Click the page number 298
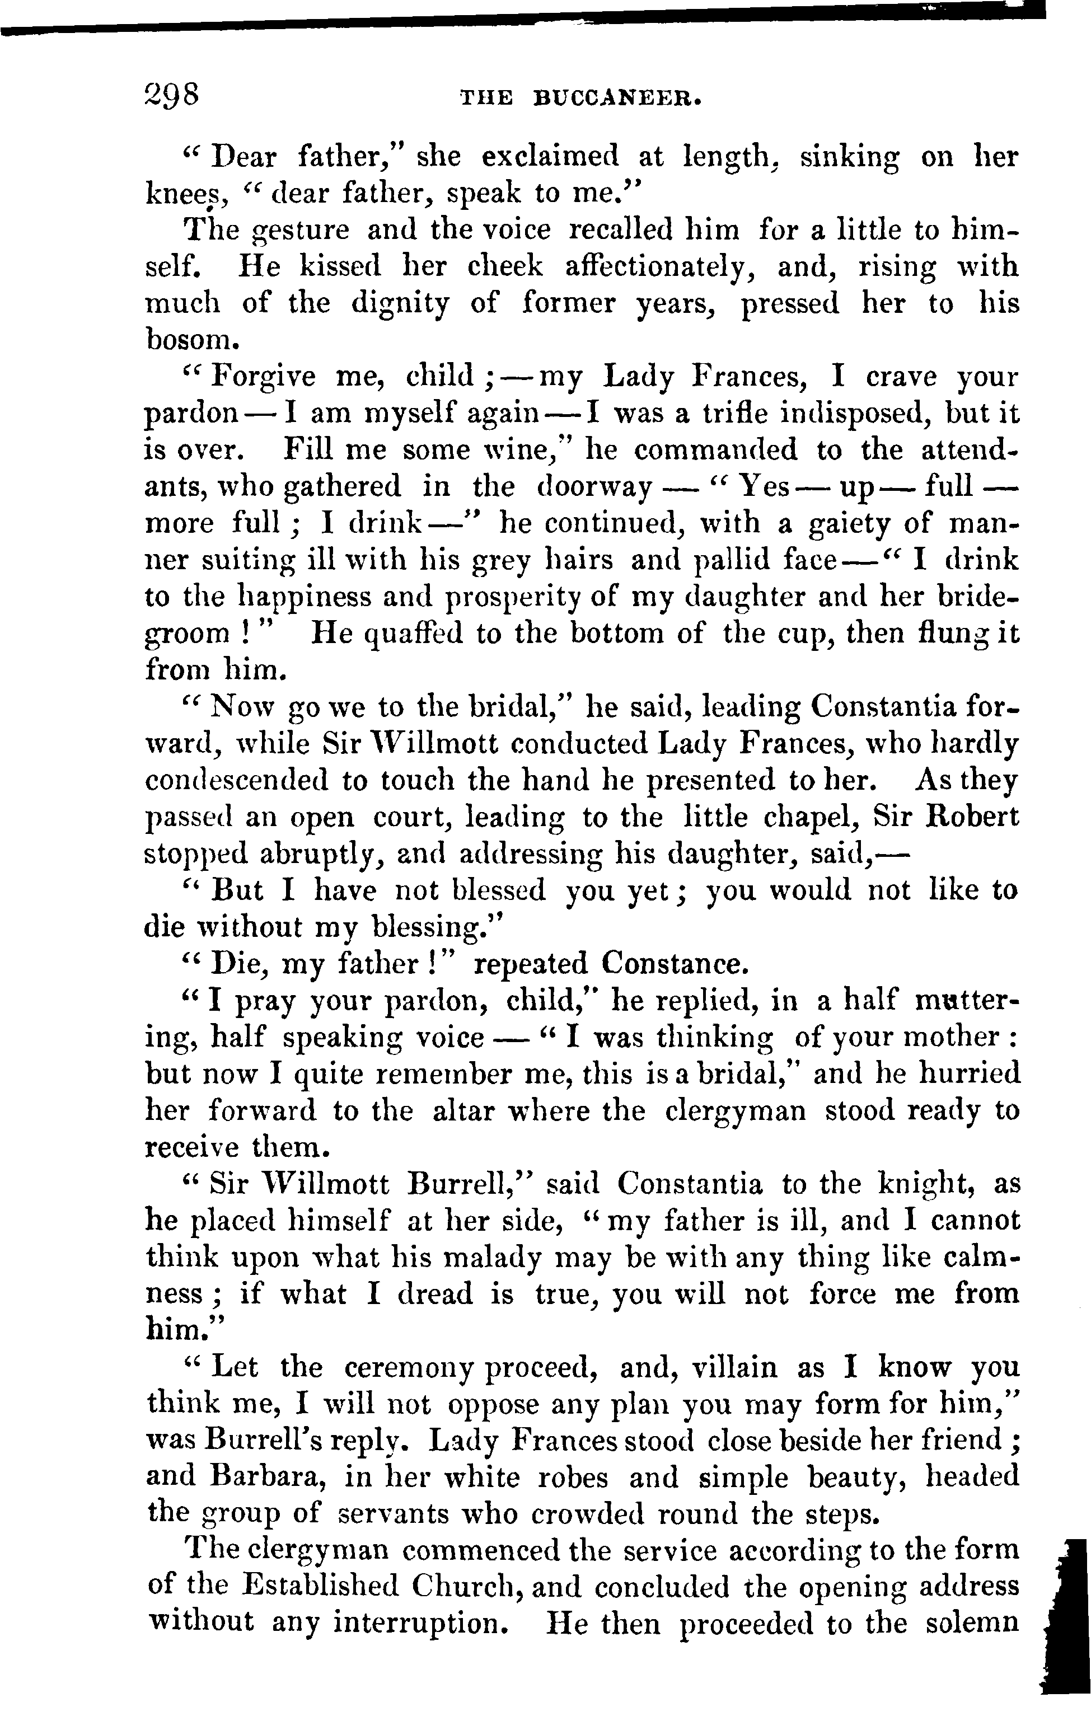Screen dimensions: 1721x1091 tap(172, 95)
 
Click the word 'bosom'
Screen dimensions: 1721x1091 tap(188, 340)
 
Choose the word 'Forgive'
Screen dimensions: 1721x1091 tap(264, 377)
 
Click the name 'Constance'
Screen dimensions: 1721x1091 tap(673, 964)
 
